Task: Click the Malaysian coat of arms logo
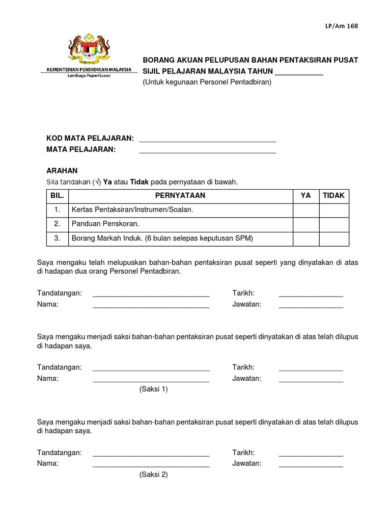pos(89,47)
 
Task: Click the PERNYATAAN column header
pos(180,196)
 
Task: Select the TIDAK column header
pos(334,196)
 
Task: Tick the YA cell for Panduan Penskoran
pos(305,224)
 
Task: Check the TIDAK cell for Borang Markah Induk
pos(334,238)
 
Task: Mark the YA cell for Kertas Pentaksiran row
pos(305,210)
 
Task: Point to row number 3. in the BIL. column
pos(58,238)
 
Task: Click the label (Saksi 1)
pos(153,389)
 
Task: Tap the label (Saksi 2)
pos(153,474)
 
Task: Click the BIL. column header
pos(53,196)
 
